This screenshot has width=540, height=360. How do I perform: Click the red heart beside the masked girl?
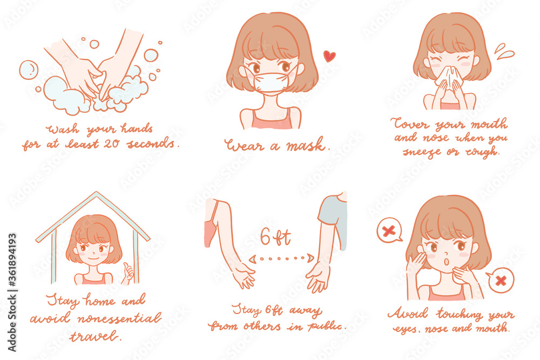(x=329, y=56)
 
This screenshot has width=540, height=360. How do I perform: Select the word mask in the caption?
(x=306, y=145)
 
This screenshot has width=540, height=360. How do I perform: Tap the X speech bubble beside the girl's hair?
(x=389, y=230)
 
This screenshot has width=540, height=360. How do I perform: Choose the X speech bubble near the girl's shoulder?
(x=500, y=281)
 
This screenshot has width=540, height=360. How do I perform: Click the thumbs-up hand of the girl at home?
(x=127, y=273)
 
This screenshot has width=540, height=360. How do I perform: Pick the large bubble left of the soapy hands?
(x=28, y=70)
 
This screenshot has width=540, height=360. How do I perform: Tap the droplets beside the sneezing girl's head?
(x=504, y=52)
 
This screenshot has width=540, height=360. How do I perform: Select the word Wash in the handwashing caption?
(x=60, y=130)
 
